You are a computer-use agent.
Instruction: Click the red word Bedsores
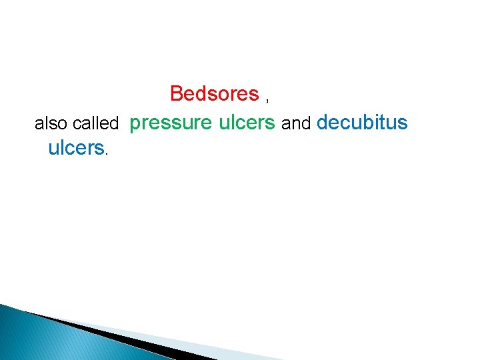214,94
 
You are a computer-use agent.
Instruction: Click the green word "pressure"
171,123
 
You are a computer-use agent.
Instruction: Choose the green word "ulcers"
247,123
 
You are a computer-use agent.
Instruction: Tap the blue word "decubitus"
362,123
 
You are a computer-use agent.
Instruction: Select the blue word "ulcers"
76,147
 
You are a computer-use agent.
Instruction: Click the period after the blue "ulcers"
107,153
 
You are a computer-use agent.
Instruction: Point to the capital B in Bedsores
177,94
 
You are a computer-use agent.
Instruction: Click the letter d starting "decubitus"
323,123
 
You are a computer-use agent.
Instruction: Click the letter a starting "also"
38,125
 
